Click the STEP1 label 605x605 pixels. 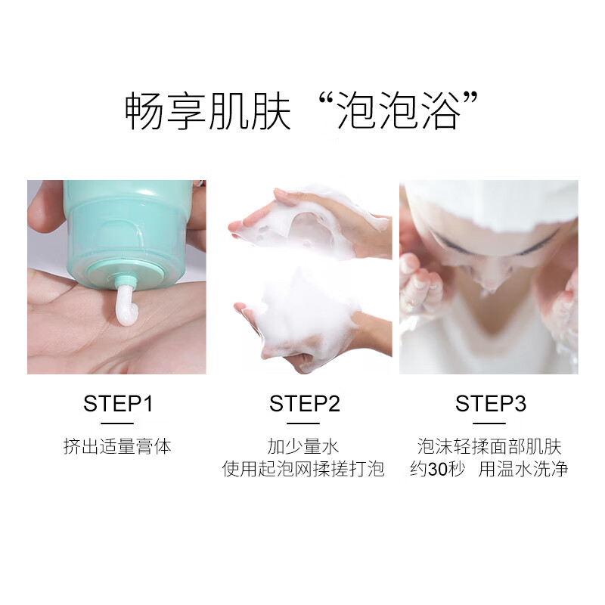(x=117, y=403)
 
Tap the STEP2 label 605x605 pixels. (x=304, y=403)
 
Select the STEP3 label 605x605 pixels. (x=490, y=403)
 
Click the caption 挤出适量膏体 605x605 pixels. (x=117, y=446)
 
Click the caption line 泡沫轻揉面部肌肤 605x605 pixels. (x=490, y=446)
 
